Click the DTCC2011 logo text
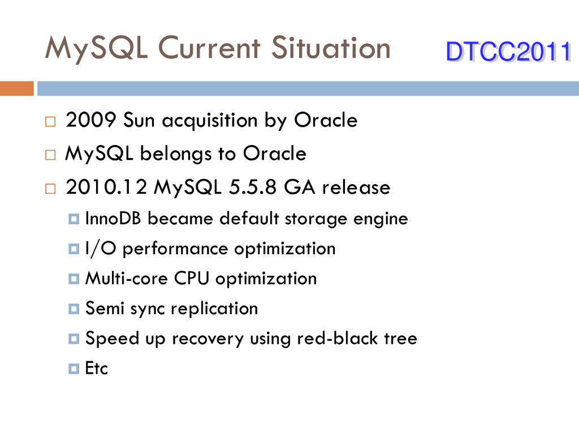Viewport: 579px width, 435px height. click(509, 51)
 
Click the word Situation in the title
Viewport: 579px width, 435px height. click(331, 48)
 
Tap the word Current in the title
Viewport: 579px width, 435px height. click(209, 48)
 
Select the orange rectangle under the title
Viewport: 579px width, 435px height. click(17, 88)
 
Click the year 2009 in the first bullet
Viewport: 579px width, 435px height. click(91, 120)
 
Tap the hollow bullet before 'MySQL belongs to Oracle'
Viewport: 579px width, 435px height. click(50, 155)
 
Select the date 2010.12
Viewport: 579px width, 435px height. click(106, 187)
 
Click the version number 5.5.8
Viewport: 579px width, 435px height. click(253, 187)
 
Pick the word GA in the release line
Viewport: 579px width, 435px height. click(300, 187)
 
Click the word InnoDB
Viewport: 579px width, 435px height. click(113, 218)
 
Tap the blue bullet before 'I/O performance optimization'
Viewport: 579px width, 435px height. click(74, 249)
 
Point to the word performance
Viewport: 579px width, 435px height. click(175, 249)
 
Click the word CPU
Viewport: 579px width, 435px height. click(192, 278)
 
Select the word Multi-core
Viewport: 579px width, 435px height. click(127, 278)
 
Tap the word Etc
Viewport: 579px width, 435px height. click(96, 368)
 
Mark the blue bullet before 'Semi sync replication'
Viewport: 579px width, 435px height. click(74, 309)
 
